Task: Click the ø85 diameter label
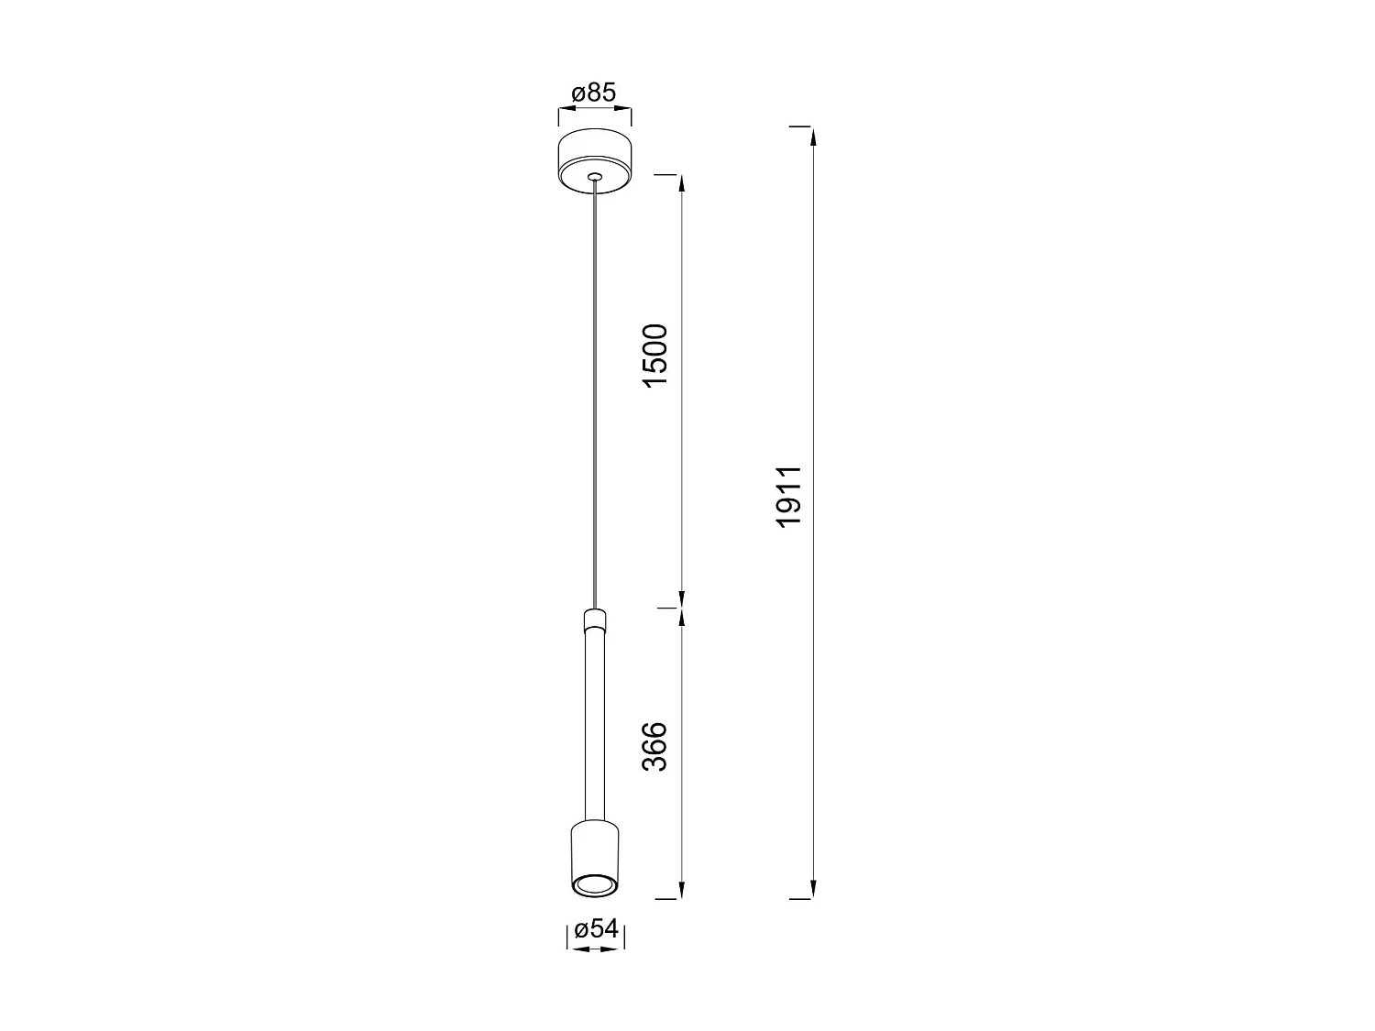594,93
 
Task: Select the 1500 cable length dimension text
657,355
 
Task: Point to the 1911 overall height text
789,495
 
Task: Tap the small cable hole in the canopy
595,176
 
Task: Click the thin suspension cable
595,394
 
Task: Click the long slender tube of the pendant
594,724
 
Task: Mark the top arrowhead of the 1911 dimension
813,137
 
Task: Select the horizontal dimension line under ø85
594,110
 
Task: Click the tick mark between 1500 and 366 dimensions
669,607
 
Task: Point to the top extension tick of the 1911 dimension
800,126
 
